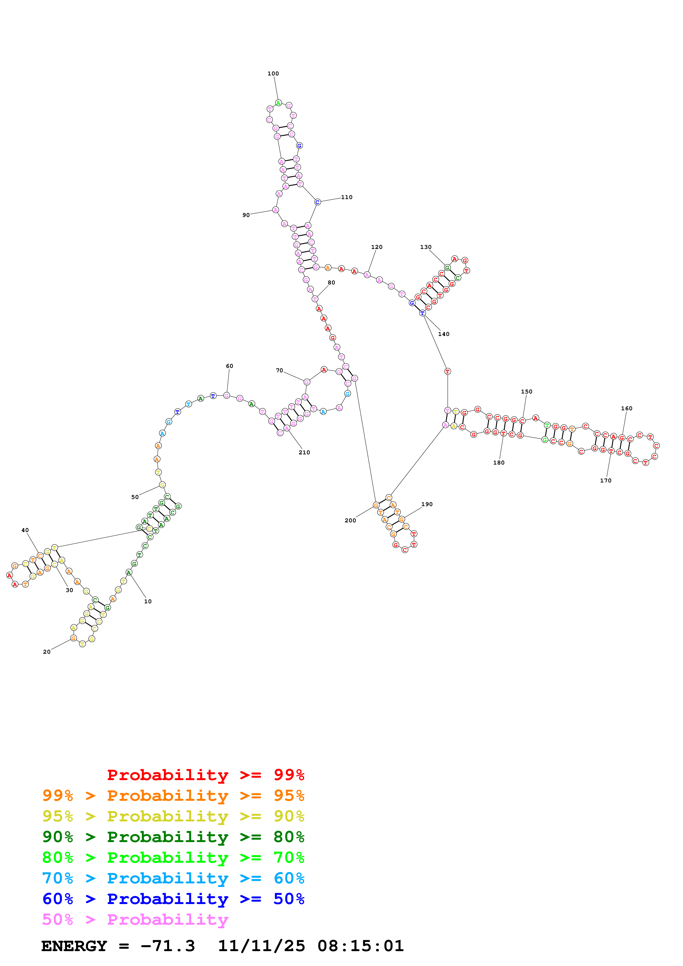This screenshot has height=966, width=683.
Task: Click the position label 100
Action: point(273,74)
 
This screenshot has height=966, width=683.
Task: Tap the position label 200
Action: point(350,520)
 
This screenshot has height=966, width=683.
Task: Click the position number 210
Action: point(304,452)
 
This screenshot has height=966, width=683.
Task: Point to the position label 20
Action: point(47,652)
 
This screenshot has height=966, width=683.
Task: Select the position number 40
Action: point(25,530)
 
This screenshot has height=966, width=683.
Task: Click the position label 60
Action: point(229,366)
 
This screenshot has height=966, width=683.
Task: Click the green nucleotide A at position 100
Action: point(278,103)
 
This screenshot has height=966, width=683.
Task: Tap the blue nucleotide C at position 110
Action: point(318,202)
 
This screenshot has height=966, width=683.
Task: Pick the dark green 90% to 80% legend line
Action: point(173,837)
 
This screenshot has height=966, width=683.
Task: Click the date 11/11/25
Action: point(261,946)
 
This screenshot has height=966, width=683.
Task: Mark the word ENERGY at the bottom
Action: point(74,946)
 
